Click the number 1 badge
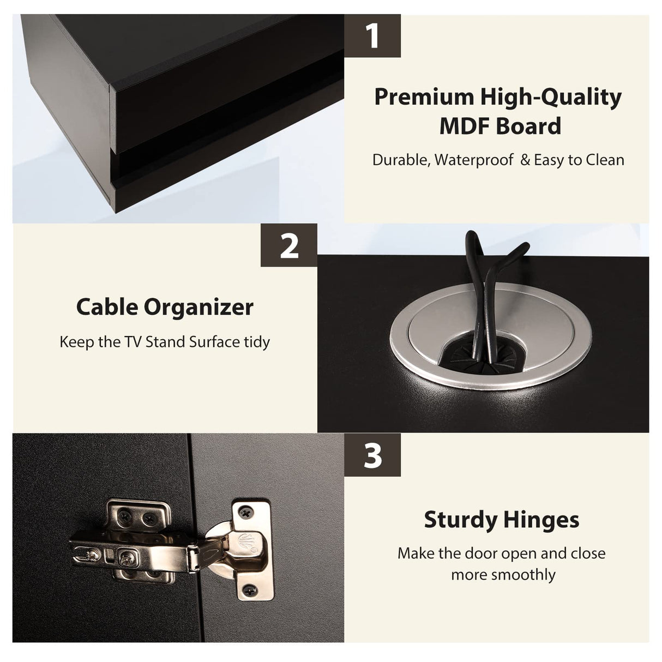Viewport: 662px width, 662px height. pyautogui.click(x=372, y=36)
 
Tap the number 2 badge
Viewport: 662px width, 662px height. pyautogui.click(x=289, y=245)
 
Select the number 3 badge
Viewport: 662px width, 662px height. pyautogui.click(x=372, y=455)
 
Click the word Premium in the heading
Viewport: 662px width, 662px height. pyautogui.click(x=424, y=97)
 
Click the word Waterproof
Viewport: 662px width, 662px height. pyautogui.click(x=474, y=160)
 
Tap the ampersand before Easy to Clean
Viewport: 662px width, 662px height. pyautogui.click(x=525, y=160)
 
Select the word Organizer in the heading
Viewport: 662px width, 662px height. pyautogui.click(x=198, y=308)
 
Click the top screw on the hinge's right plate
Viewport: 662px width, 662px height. pyautogui.click(x=245, y=514)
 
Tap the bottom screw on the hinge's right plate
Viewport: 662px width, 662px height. pyautogui.click(x=249, y=591)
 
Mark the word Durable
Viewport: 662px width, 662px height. pyautogui.click(x=401, y=160)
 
